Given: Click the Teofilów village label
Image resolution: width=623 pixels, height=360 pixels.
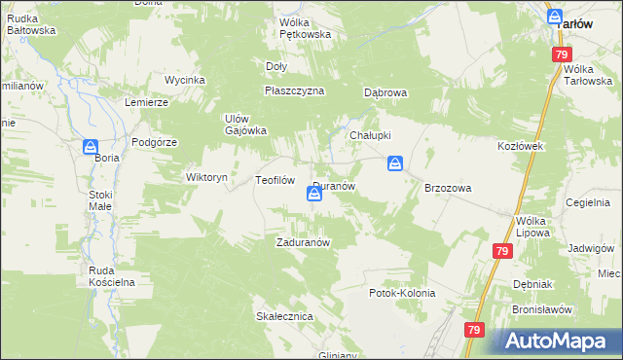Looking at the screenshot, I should click(x=275, y=180).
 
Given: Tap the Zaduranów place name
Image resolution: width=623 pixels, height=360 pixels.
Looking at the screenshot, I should click(x=307, y=243).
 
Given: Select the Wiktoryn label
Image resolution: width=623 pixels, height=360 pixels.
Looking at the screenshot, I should click(x=206, y=178).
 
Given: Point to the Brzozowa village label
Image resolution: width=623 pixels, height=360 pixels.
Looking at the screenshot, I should click(x=448, y=188).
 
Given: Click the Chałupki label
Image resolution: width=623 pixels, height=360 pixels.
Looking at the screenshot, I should click(x=370, y=135).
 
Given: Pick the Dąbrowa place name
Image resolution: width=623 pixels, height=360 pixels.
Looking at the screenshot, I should click(x=385, y=93).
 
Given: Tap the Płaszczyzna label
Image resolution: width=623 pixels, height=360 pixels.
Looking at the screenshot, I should click(x=294, y=90).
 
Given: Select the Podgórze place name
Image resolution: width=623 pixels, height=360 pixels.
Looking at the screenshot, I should click(x=154, y=142).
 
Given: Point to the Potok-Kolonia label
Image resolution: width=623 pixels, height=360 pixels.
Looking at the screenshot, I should click(x=402, y=293).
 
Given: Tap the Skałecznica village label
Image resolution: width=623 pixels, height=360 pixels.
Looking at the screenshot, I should click(x=283, y=317).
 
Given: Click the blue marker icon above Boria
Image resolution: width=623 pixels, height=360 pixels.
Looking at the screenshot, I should click(x=91, y=147).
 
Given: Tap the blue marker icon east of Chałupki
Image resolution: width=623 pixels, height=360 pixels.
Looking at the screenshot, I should click(x=395, y=163).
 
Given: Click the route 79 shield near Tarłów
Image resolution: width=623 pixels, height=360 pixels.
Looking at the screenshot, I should click(x=561, y=55).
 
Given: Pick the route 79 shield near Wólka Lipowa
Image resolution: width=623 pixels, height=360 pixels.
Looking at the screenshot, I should click(x=501, y=252).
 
